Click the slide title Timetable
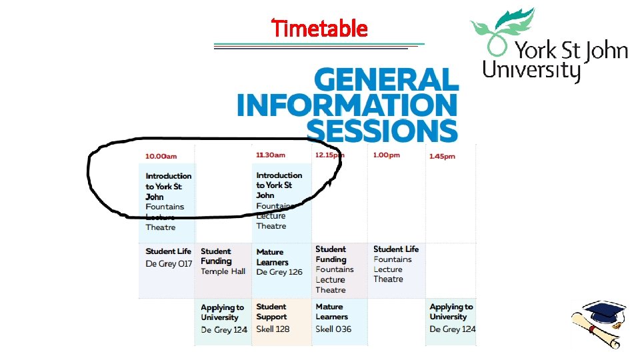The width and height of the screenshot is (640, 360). [320, 29]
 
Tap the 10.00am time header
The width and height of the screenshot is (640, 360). [161, 157]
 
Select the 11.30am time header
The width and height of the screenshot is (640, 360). [271, 155]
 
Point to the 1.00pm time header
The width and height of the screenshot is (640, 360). [386, 156]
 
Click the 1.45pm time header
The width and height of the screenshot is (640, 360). [442, 157]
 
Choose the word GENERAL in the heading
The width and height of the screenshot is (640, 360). [387, 81]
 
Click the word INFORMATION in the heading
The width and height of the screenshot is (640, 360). [347, 105]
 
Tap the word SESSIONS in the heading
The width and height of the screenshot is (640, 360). [382, 129]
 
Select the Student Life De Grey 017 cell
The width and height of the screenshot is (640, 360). [168, 257]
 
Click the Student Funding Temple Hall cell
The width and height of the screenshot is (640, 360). [223, 261]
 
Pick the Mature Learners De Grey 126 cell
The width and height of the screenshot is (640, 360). [279, 262]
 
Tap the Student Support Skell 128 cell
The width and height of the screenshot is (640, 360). [273, 318]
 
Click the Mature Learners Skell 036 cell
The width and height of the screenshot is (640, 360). [333, 318]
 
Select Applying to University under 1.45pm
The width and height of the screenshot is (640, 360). [452, 318]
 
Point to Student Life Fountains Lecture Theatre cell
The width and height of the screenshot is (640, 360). [396, 264]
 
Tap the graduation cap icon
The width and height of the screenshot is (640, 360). [599, 311]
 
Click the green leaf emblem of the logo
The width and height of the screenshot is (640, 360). [500, 30]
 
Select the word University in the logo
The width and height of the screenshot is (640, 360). [531, 69]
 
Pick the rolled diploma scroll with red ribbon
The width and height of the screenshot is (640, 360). [597, 334]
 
